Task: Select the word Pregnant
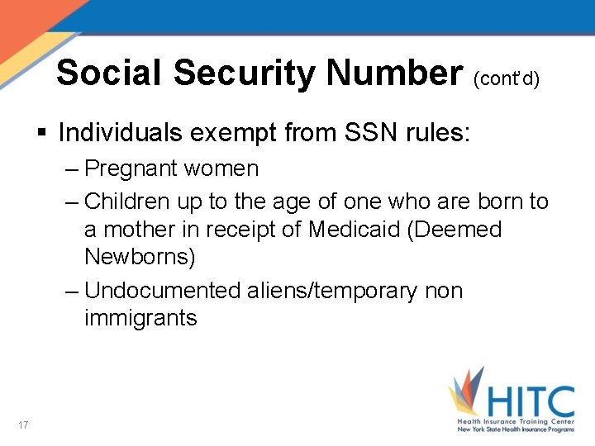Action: pos(131,169)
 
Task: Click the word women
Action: pos(221,169)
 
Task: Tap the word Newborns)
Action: pos(140,257)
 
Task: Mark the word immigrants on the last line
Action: pos(140,318)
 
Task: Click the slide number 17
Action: pos(23,425)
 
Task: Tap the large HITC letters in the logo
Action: pos(528,402)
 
